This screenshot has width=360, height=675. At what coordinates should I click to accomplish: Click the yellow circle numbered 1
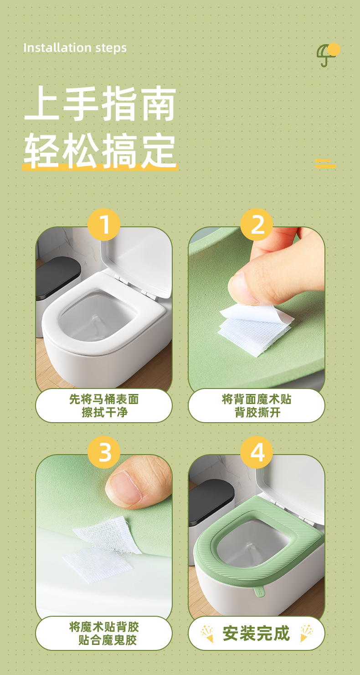pyautogui.click(x=104, y=225)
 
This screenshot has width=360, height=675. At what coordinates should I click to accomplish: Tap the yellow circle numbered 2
pyautogui.click(x=257, y=225)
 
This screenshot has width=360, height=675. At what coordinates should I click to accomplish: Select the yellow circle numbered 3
pyautogui.click(x=104, y=452)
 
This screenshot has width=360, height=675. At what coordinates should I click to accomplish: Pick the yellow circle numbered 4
pyautogui.click(x=257, y=452)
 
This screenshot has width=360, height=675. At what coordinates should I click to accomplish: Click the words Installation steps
pyautogui.click(x=75, y=48)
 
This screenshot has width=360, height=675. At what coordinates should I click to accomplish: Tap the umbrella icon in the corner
pyautogui.click(x=328, y=55)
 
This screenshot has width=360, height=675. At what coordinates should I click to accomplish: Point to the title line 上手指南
pyautogui.click(x=100, y=103)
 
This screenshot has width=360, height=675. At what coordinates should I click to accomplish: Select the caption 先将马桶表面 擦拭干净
pyautogui.click(x=104, y=406)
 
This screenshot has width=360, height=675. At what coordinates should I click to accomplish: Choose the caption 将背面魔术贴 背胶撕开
pyautogui.click(x=257, y=406)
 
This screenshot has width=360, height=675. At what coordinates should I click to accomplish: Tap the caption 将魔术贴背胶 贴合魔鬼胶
pyautogui.click(x=104, y=633)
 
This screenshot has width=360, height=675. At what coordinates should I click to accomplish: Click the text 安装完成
pyautogui.click(x=256, y=633)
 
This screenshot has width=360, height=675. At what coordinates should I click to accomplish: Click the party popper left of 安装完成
pyautogui.click(x=207, y=634)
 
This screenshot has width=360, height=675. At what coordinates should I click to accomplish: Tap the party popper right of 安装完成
pyautogui.click(x=306, y=634)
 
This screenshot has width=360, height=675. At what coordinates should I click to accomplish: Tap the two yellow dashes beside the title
pyautogui.click(x=325, y=163)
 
